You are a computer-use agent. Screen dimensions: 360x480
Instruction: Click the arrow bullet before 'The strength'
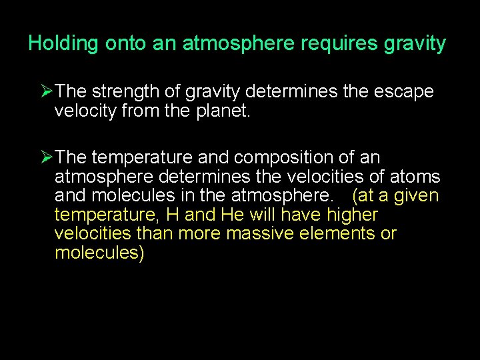pos(47,91)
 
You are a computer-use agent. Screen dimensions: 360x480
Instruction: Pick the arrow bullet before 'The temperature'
pos(47,158)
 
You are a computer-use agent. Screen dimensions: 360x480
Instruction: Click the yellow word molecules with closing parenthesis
pos(99,253)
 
